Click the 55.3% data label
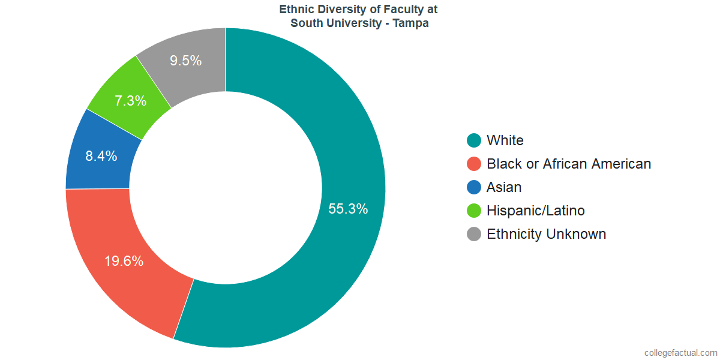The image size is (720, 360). [348, 209]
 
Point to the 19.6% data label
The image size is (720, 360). [124, 261]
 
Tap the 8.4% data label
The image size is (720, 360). [101, 157]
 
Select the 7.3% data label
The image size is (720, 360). [131, 101]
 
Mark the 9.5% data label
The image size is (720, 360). [185, 61]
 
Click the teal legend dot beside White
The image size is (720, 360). [474, 140]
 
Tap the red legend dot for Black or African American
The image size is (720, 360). [474, 164]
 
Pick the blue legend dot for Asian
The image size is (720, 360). [474, 187]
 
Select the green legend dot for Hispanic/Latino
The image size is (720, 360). [474, 211]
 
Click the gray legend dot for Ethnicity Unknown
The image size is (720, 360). [474, 234]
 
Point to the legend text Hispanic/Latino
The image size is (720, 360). [535, 211]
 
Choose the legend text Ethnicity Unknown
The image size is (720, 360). [546, 234]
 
